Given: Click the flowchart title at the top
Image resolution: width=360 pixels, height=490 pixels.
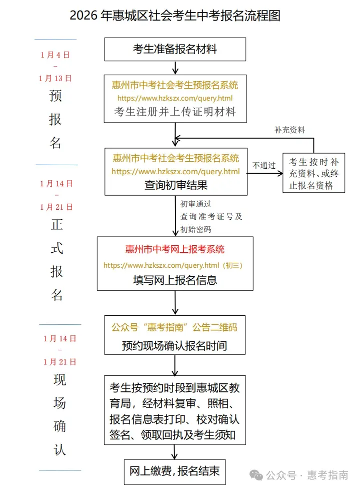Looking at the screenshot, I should click(x=175, y=16).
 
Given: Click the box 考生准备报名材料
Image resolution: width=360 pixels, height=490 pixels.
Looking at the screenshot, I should click(x=175, y=49).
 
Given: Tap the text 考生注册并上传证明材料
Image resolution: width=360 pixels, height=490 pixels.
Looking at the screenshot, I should click(x=175, y=111).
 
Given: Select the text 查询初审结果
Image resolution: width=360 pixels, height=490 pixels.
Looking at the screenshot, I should click(x=176, y=185).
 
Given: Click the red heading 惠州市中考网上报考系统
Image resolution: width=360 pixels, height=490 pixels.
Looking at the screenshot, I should click(x=175, y=249).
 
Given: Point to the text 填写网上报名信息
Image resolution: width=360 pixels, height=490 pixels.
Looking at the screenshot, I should click(x=175, y=280).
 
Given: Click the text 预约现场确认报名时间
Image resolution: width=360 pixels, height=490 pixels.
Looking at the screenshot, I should click(x=174, y=345).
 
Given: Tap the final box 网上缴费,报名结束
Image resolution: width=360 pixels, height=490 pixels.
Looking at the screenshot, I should click(x=174, y=471).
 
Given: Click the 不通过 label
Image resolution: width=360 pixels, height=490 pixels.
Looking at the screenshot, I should click(x=264, y=165).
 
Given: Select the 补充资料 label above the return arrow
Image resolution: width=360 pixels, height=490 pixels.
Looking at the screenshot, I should click(x=289, y=130).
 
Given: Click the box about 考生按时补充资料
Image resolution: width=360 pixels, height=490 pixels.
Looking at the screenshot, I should click(x=314, y=174).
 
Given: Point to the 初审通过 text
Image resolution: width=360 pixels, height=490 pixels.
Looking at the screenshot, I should click(x=196, y=204).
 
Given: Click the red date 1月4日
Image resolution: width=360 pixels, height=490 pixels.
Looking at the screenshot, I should click(x=55, y=55).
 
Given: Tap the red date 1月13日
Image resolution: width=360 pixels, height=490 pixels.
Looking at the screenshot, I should click(x=55, y=78).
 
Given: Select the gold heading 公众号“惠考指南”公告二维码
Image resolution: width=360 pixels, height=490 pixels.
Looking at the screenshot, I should click(x=174, y=328).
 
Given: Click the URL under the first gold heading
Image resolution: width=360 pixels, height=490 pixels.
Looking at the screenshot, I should click(x=175, y=99).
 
